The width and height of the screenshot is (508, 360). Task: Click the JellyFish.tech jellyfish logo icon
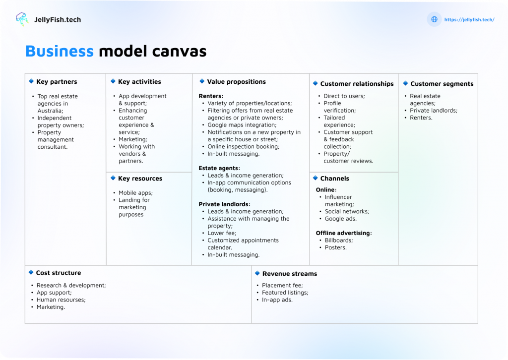pyautogui.click(x=22, y=19)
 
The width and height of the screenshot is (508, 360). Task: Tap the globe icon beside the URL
pyautogui.click(x=434, y=19)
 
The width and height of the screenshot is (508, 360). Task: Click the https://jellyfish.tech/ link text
pyautogui.click(x=469, y=20)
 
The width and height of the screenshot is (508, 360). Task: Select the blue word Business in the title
pyautogui.click(x=59, y=51)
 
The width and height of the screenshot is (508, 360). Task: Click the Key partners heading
pyautogui.click(x=57, y=82)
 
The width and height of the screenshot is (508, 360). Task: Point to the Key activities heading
pyautogui.click(x=139, y=82)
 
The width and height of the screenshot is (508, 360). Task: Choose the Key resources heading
pyautogui.click(x=140, y=179)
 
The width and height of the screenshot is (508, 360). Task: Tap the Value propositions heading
pyautogui.click(x=236, y=82)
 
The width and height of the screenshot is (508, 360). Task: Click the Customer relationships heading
pyautogui.click(x=357, y=84)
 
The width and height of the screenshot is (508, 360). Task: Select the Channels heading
pyautogui.click(x=334, y=179)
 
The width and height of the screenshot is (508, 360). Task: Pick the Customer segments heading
pyautogui.click(x=442, y=84)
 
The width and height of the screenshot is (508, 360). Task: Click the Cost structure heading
pyautogui.click(x=58, y=273)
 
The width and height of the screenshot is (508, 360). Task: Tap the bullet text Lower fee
pyautogui.click(x=222, y=233)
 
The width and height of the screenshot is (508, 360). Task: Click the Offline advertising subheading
pyautogui.click(x=343, y=233)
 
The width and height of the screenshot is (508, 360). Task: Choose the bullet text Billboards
pyautogui.click(x=339, y=240)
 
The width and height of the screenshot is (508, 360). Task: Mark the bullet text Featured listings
pyautogui.click(x=285, y=293)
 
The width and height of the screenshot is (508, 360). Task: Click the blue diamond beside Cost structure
pyautogui.click(x=31, y=272)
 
